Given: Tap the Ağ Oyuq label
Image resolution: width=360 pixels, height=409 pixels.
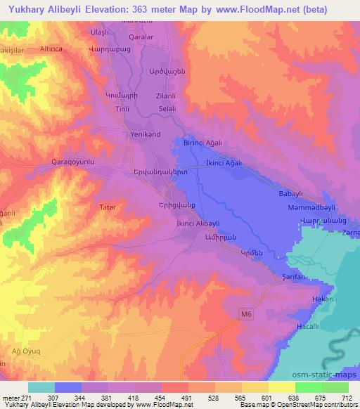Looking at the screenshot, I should click(x=24, y=350).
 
